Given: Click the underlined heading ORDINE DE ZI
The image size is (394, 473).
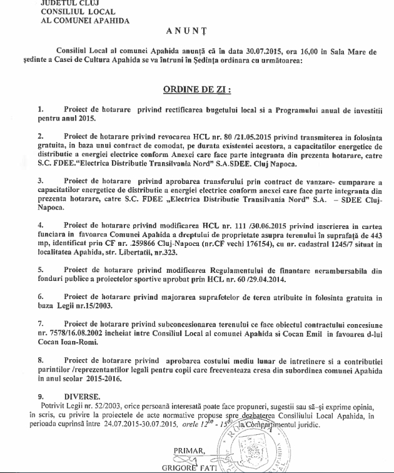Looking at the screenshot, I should [197, 89].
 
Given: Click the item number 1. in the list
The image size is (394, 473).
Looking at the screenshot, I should [40, 109].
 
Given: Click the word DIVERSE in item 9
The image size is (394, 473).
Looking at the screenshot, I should [81, 396].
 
